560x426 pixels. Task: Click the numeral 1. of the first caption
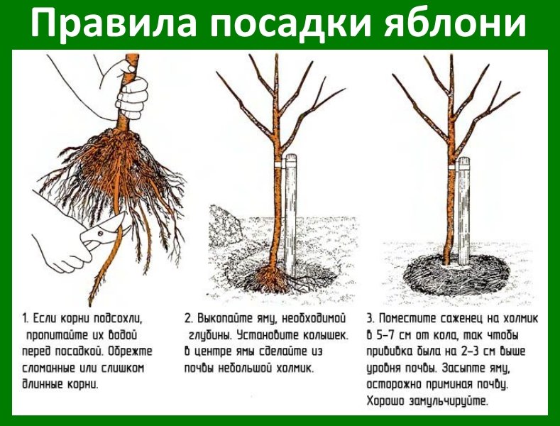pyautogui.click(x=25, y=317)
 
